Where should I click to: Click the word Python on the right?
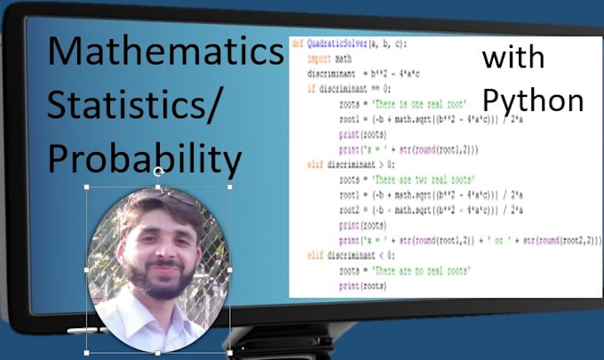[x=533, y=100]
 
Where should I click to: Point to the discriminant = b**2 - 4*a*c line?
[x=368, y=74]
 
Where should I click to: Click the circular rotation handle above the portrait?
[x=158, y=171]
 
